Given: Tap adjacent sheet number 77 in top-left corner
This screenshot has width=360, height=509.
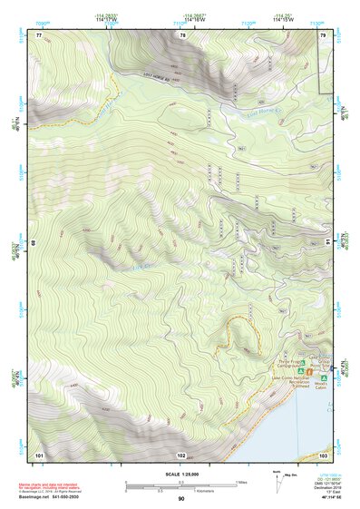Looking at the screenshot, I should point(39,34).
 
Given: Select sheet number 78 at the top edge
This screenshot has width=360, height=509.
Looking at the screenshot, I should point(182,34).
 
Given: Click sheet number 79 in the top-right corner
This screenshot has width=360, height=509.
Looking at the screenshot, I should point(323,34).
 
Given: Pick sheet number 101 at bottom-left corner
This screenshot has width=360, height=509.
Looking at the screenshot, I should point(39,453).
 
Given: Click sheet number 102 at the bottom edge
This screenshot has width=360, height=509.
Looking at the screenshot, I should point(181,454).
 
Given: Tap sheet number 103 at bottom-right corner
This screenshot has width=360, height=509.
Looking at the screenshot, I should point(323,453).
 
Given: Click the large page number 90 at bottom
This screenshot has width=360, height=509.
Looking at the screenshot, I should point(181,499).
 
